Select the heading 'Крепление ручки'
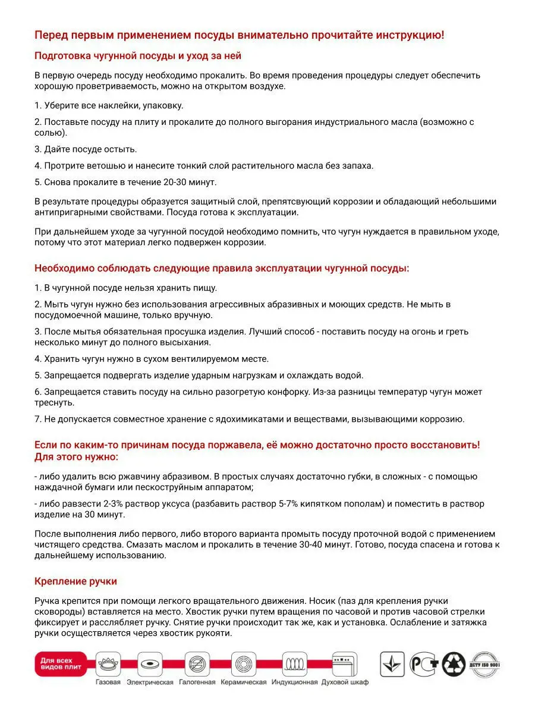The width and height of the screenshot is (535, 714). tap(75, 581)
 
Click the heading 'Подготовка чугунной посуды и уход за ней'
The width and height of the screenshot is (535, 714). tap(137, 56)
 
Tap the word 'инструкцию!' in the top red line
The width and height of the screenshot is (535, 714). tap(410, 35)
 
